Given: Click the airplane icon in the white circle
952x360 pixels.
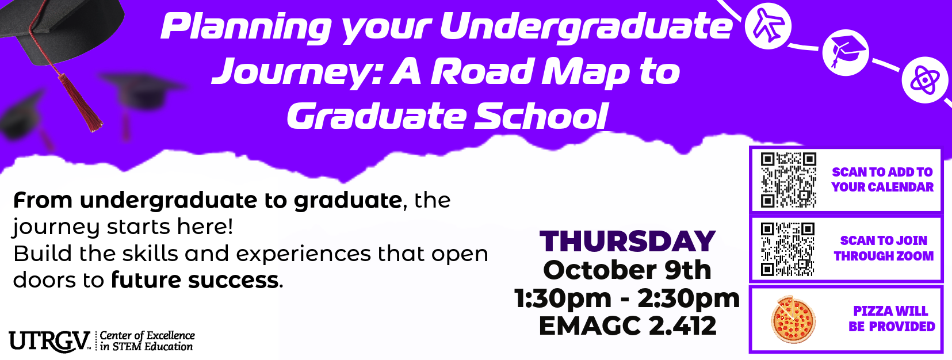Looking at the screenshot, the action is click(768, 25).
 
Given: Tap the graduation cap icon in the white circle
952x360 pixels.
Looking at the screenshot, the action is click(846, 52).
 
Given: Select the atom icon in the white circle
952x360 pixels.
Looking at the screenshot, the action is click(925, 81).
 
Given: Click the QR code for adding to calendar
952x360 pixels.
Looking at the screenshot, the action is click(789, 180).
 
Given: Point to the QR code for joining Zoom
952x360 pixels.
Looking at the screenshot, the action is click(787, 250).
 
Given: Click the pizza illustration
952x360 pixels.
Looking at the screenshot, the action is click(793, 320).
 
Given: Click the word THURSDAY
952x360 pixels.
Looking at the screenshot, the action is click(628, 241).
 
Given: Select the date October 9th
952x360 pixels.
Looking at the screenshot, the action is click(628, 270).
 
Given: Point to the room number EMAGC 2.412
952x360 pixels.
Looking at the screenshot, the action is click(628, 326).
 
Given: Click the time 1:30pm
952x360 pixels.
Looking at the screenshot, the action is click(563, 298).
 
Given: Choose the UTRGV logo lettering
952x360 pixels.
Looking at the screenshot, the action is click(49, 341).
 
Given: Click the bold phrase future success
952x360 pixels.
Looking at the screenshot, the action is click(194, 280).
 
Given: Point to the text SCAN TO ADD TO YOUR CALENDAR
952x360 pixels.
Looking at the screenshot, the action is click(883, 179).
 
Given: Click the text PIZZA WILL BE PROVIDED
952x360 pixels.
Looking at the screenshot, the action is click(892, 319).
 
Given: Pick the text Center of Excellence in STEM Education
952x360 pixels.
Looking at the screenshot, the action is click(147, 341).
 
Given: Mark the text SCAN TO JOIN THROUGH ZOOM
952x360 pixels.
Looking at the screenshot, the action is click(884, 248).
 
